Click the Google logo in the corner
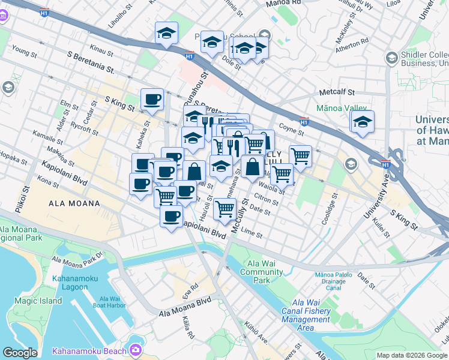20,353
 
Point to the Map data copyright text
412,355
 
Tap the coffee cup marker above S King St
152,100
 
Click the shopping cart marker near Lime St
224,209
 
